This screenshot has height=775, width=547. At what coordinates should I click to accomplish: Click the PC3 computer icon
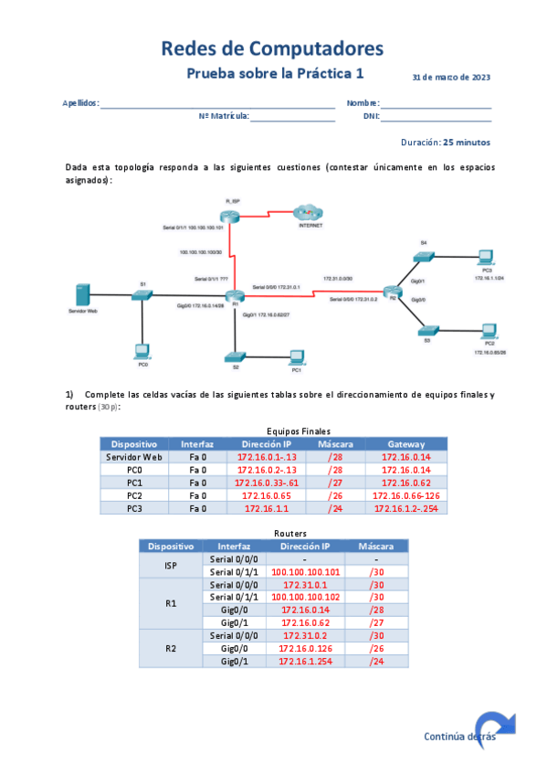[484, 257]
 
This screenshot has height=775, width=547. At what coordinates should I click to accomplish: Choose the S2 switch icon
[236, 355]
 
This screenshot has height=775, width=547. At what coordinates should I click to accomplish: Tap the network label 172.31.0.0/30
[339, 277]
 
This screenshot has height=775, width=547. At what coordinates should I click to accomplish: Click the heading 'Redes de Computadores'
[272, 48]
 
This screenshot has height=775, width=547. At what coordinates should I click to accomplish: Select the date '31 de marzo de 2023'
[451, 78]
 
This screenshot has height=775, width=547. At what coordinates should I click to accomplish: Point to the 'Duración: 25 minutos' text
[446, 143]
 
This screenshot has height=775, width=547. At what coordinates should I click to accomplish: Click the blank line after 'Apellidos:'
[217, 104]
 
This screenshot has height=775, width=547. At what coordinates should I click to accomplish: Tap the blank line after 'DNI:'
[436, 117]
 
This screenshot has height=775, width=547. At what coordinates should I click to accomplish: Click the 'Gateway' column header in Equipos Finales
[405, 443]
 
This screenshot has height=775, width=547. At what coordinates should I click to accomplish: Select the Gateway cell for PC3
[405, 508]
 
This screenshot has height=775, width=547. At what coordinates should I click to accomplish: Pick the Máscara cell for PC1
[323, 483]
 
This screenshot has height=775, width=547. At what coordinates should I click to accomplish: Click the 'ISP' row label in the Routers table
[171, 565]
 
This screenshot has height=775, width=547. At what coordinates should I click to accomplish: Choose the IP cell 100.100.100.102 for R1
[306, 597]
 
